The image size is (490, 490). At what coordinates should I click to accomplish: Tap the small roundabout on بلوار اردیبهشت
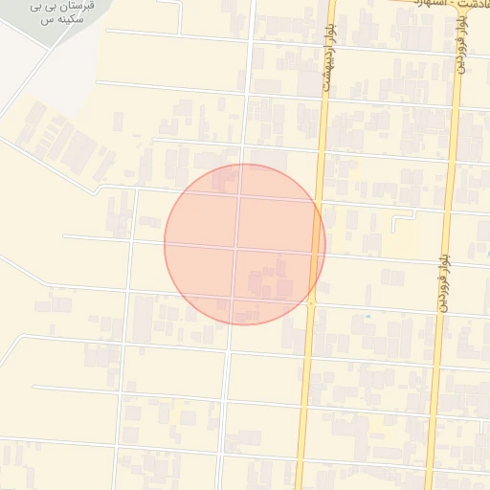pyautogui.click(x=311, y=303)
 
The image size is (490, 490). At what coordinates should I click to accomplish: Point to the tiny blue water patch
pyautogui.click(x=367, y=316)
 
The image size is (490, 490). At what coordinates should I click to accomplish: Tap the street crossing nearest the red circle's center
pyautogui.click(x=236, y=248)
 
